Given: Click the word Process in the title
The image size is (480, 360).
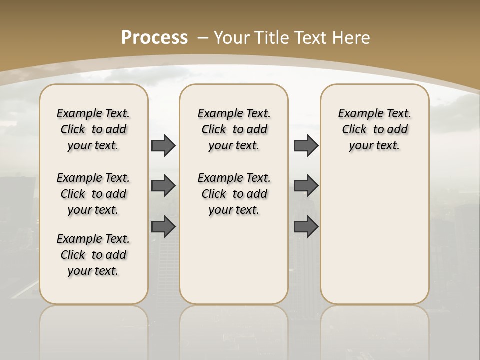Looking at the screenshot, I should pyautogui.click(x=154, y=37).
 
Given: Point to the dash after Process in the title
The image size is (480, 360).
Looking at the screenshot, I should pyautogui.click(x=203, y=38).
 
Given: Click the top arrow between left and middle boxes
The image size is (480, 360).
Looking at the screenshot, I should pyautogui.click(x=163, y=146).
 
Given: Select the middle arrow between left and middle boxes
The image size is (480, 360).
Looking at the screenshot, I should pyautogui.click(x=163, y=186).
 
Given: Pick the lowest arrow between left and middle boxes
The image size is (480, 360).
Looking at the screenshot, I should pyautogui.click(x=163, y=226).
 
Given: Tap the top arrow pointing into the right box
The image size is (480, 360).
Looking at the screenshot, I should pyautogui.click(x=306, y=146).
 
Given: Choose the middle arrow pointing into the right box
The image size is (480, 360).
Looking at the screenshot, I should pyautogui.click(x=306, y=186).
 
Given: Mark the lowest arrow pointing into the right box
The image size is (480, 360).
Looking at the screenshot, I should pyautogui.click(x=306, y=226).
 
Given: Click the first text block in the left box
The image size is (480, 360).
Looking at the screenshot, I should pyautogui.click(x=93, y=129).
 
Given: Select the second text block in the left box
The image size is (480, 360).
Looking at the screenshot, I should pyautogui.click(x=93, y=194).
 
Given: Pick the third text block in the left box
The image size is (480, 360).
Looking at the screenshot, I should pyautogui.click(x=93, y=255).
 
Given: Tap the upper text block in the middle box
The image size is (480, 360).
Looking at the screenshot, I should pyautogui.click(x=234, y=129).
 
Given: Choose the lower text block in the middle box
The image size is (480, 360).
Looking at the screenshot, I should pyautogui.click(x=234, y=194).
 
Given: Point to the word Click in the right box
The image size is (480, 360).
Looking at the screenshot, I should pyautogui.click(x=354, y=130).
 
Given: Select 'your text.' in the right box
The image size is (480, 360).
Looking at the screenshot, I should pyautogui.click(x=374, y=146).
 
